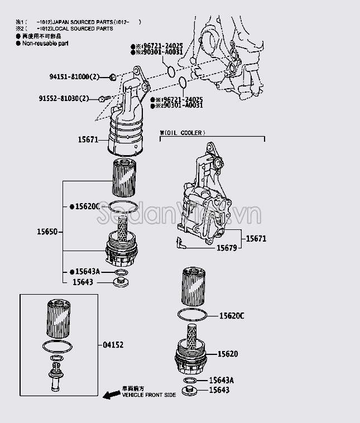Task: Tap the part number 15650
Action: [47, 230]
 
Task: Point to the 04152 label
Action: [113, 345]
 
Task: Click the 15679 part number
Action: [228, 247]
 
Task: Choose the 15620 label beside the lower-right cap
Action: [228, 354]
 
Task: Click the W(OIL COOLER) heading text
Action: [183, 133]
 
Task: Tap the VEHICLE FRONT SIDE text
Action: [149, 395]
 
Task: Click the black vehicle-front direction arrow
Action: [112, 394]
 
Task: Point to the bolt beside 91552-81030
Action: [102, 99]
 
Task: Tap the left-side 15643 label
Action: [83, 282]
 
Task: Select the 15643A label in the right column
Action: [221, 380]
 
